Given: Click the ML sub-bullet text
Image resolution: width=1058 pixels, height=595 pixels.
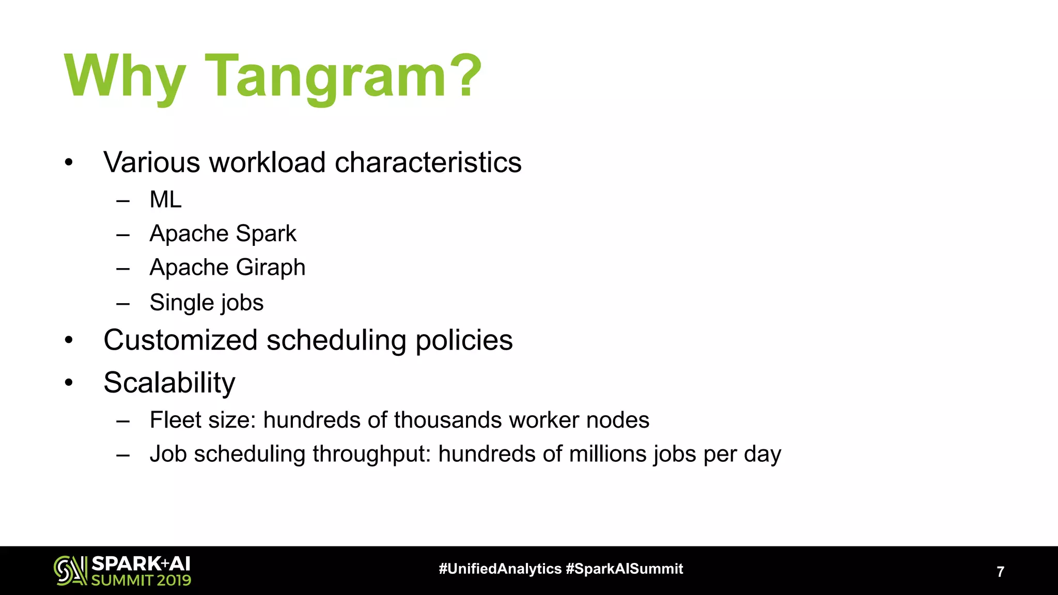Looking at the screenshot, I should pos(165,199).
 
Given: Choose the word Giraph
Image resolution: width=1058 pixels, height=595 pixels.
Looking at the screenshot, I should pos(271,268).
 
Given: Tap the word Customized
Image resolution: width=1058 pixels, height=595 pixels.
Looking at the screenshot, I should pos(180,340).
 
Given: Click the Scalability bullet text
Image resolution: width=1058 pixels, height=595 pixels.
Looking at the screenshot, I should pos(169,383).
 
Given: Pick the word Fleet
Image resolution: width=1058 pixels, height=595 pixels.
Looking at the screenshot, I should pos(174,420).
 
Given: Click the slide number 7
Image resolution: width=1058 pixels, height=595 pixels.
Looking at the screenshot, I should pos(1000,572).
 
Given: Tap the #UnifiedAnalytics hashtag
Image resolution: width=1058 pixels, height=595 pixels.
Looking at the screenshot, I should pos(500,569).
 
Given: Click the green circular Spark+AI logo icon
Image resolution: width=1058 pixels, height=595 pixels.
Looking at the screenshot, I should pos(70,570).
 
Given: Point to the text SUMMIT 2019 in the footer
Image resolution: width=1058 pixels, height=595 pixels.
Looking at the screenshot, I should pos(141,580).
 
